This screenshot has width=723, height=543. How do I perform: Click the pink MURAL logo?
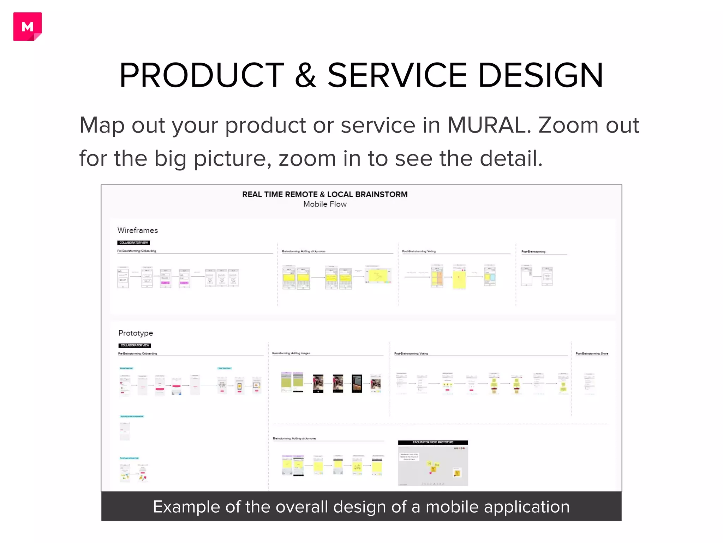pos(28,27)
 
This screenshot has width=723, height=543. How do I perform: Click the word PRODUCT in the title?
pos(202,75)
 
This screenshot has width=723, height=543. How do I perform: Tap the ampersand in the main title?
pos(305,75)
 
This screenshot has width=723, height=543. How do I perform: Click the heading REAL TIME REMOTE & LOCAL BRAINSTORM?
pos(325,194)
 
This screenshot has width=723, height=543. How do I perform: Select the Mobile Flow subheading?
pos(325,204)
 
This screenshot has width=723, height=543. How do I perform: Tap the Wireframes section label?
pos(138,230)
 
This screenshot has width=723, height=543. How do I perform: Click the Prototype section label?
pos(136,333)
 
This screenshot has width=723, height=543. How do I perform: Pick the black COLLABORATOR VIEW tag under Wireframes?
pos(133,243)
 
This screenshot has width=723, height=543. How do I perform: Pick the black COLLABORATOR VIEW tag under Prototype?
pos(135,345)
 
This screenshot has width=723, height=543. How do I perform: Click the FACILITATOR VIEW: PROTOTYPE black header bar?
pos(433,443)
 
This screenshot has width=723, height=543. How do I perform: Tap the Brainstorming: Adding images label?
pos(291,353)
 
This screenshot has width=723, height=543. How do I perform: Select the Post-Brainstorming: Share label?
pos(592,354)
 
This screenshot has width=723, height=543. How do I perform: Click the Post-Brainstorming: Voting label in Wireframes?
pos(419,251)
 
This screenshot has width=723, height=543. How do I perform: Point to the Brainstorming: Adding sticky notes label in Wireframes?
pos(304,251)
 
